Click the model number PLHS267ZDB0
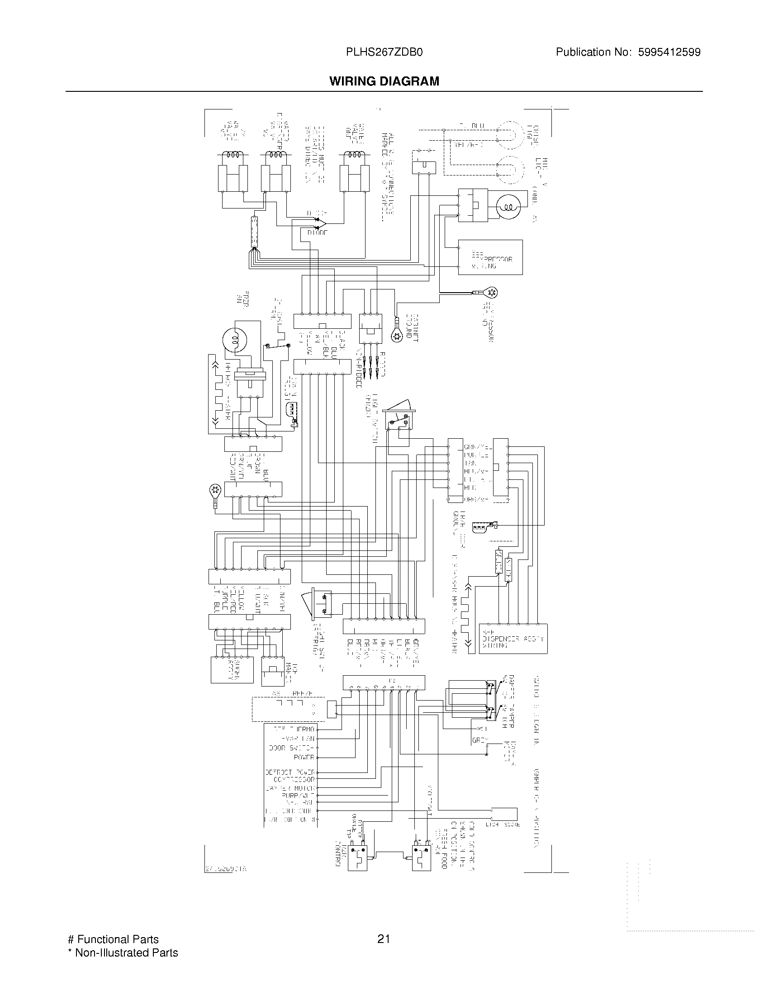384,52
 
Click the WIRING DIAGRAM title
384,81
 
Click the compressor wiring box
490,257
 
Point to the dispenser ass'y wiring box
513,639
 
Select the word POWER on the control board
304,757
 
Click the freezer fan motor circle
236,340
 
